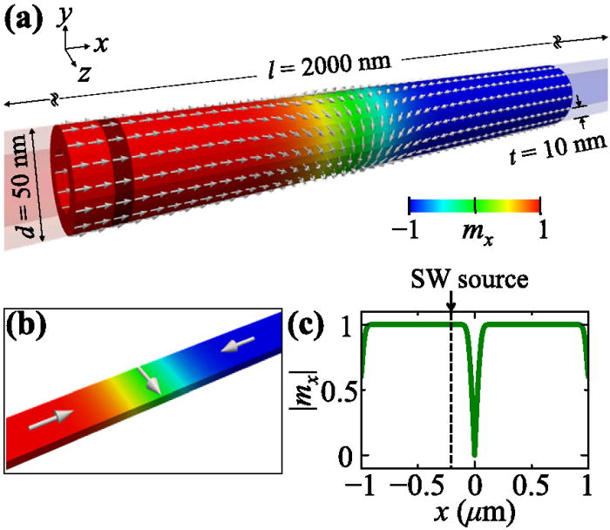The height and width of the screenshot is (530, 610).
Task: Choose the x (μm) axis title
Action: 475,513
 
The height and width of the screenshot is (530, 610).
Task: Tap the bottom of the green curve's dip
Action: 474,454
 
